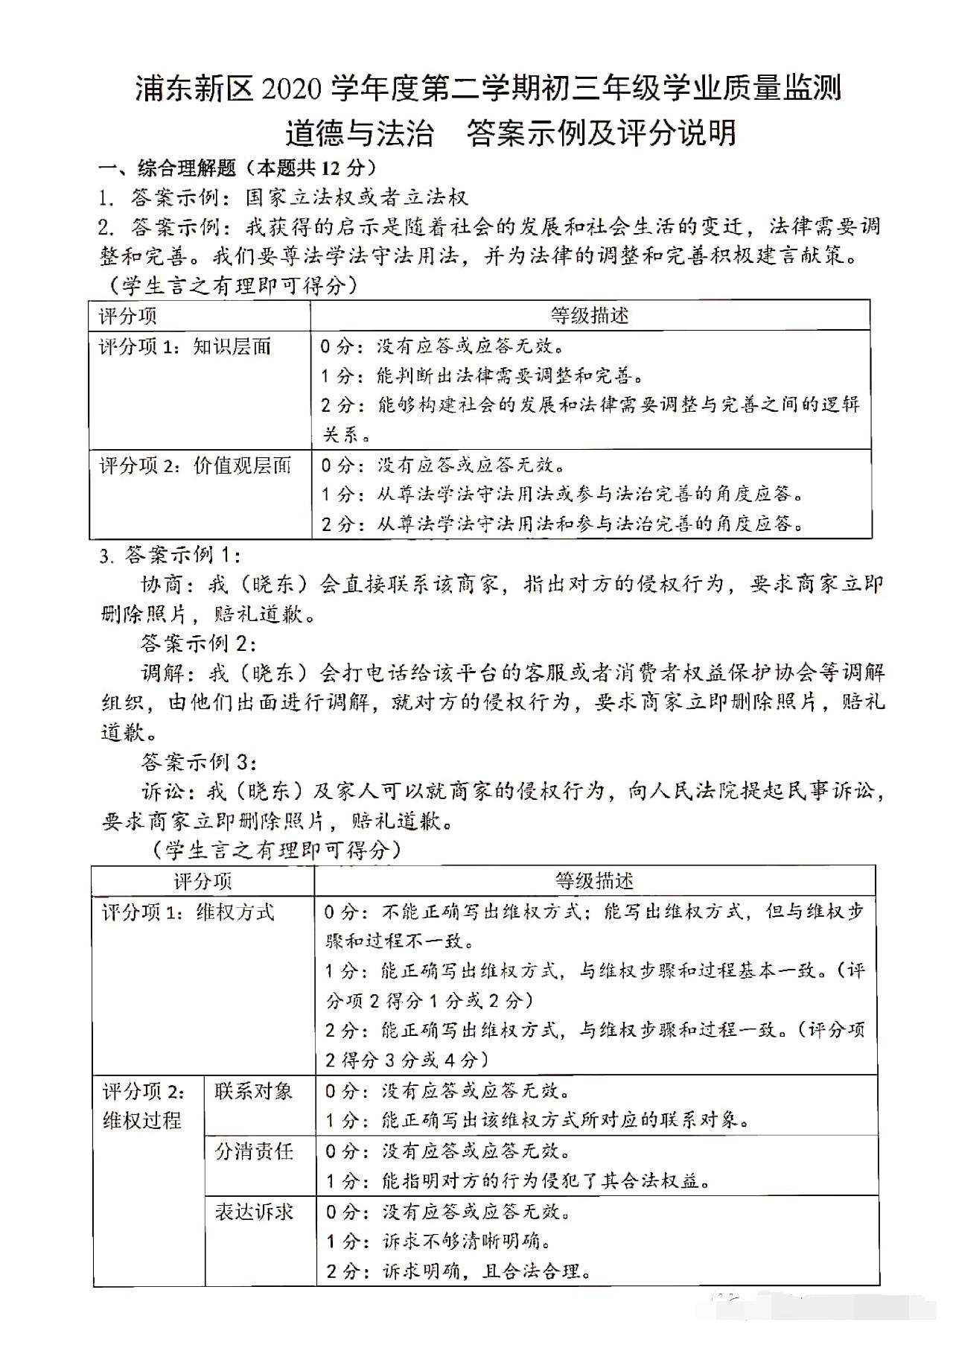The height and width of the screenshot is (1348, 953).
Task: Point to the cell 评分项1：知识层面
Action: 185,346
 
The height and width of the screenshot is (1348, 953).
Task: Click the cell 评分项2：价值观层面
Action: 195,465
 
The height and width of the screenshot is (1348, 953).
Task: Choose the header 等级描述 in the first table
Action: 590,316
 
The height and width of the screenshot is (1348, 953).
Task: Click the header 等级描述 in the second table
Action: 594,881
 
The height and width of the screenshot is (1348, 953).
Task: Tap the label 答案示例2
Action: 198,643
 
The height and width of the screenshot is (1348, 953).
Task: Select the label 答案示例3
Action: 199,762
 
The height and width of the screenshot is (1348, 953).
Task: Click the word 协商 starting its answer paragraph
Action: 162,584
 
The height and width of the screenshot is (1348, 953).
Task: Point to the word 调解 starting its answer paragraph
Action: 162,673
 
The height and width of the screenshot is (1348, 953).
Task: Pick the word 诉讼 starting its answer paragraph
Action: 162,792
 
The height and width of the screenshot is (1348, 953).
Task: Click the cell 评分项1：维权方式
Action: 188,912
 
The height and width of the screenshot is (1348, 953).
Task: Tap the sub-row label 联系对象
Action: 254,1092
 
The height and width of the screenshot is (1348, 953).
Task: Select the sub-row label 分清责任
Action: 254,1151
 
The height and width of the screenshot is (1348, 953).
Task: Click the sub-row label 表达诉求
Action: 254,1212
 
